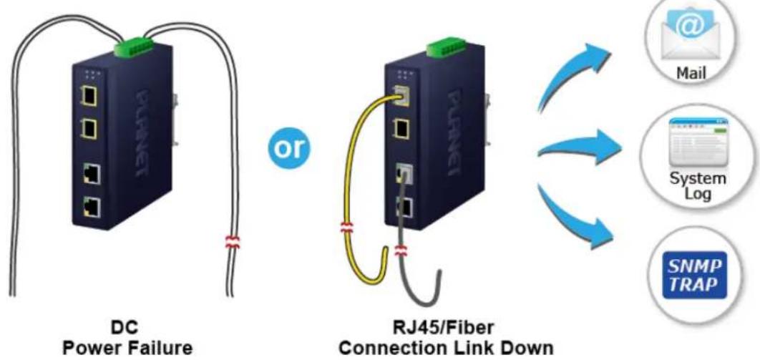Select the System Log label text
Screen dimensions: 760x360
[698, 186]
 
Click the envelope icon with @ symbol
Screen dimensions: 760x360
[691, 35]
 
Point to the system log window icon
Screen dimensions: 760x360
[698, 141]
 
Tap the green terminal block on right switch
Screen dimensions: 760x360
[447, 47]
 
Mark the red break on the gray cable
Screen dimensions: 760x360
[401, 251]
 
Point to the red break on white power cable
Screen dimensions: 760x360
[233, 242]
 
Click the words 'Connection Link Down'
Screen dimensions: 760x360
[446, 349]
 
